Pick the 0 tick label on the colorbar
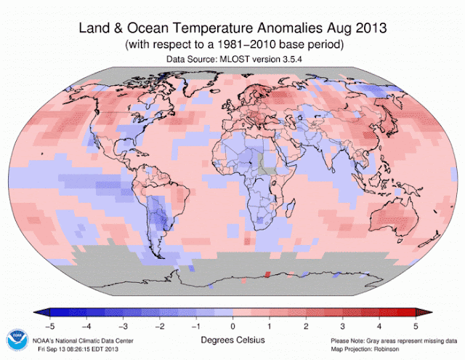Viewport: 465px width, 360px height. (x=232, y=324)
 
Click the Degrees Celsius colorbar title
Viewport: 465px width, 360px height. (x=232, y=338)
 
